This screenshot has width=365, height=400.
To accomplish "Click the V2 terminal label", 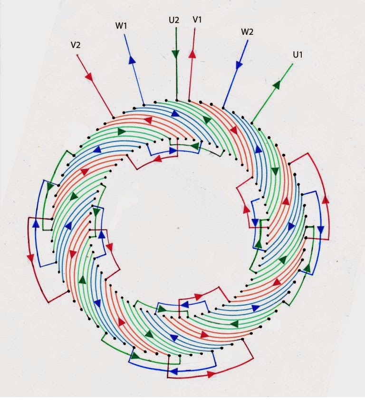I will (75, 45).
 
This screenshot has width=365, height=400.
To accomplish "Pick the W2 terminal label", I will (247, 32).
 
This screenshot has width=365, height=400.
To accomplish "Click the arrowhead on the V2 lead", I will (89, 77).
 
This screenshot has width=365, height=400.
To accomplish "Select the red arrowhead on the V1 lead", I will (192, 54).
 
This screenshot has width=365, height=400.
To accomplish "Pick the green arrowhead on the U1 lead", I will (277, 84).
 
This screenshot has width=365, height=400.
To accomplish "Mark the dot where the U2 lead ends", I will (177, 100).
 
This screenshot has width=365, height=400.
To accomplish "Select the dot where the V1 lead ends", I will (189, 100).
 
